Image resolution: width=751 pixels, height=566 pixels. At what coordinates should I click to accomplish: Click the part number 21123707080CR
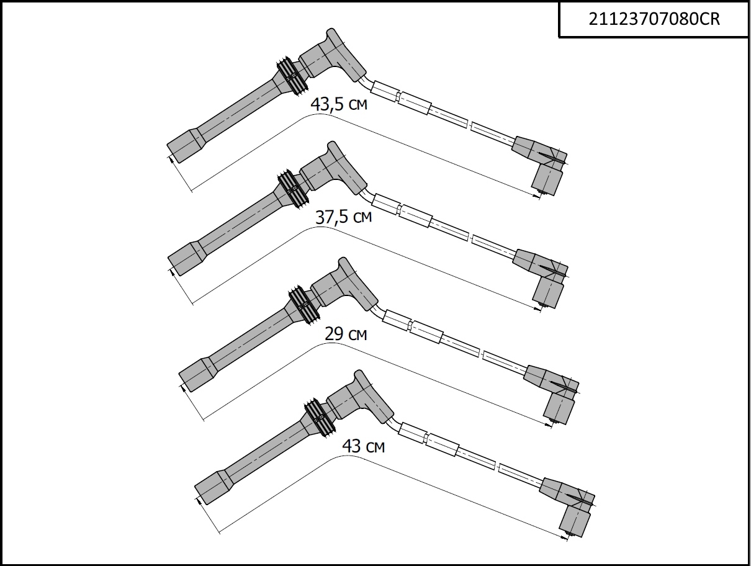(654, 19)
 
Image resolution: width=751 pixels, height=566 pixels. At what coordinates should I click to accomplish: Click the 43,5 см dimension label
(339, 104)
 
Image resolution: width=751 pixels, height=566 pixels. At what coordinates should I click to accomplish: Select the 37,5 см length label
(343, 217)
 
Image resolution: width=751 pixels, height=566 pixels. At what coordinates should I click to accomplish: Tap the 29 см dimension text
(346, 333)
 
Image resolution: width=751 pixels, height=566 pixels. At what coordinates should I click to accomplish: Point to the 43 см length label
(363, 446)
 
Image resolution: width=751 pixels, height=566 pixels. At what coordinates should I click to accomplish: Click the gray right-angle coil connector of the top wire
(542, 164)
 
